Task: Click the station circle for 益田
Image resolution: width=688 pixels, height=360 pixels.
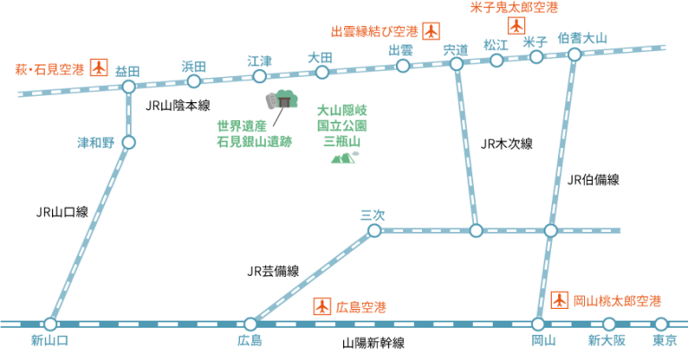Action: [x=128, y=87]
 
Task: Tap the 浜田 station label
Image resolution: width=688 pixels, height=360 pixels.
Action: [x=193, y=66]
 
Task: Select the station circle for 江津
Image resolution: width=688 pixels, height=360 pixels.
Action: [x=260, y=76]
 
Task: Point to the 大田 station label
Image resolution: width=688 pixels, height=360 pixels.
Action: [x=320, y=57]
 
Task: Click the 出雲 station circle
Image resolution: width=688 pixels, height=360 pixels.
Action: [x=403, y=65]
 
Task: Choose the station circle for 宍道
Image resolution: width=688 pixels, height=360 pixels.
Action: [x=456, y=64]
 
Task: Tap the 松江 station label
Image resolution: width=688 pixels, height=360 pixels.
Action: [x=495, y=45]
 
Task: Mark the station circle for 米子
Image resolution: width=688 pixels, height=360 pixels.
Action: [x=537, y=57]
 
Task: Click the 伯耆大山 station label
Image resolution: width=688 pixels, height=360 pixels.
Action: [x=582, y=39]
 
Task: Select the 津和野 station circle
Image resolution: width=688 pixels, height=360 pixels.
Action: [x=129, y=141]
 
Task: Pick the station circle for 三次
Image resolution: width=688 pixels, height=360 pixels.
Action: [x=374, y=230]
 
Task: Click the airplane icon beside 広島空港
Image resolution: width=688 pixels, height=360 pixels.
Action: [x=322, y=305]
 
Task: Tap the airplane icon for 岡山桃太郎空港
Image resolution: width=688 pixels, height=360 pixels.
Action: [x=560, y=299]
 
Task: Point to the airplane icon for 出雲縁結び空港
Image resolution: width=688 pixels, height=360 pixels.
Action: [x=431, y=30]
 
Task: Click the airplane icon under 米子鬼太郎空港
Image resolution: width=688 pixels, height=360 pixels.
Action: [x=516, y=25]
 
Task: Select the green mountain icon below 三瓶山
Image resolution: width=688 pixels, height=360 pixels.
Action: [x=344, y=158]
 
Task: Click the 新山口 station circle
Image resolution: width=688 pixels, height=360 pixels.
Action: [x=50, y=324]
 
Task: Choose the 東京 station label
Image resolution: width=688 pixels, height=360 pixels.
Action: [x=664, y=340]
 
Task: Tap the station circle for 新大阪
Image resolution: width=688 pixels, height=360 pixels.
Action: [x=609, y=324]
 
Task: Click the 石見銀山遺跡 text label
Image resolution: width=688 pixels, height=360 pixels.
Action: [x=254, y=141]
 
